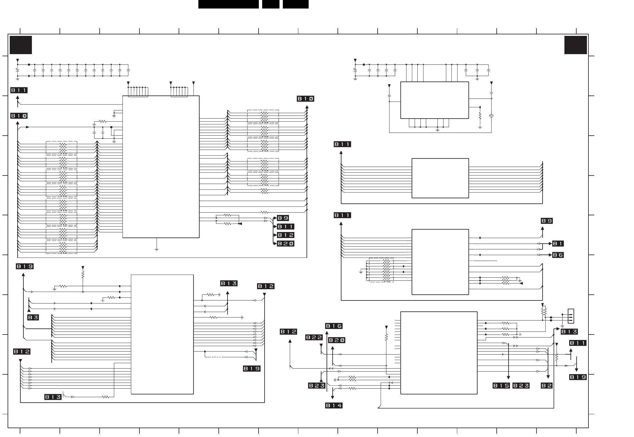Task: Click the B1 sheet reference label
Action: (558, 244)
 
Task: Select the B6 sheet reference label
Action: (558, 255)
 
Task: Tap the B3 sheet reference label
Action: (33, 317)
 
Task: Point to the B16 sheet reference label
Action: (334, 326)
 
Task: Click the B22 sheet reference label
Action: (314, 337)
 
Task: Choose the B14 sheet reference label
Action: (334, 405)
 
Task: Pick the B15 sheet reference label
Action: (501, 386)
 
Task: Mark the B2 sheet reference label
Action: (547, 386)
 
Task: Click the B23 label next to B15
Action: (521, 386)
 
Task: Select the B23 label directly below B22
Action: (317, 386)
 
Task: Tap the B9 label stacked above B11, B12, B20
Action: (283, 218)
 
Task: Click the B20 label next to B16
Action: (337, 340)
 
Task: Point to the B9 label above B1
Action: (547, 221)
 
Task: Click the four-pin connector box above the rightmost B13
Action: (571, 316)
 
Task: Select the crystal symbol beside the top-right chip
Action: (491, 116)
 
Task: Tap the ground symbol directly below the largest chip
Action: (156, 249)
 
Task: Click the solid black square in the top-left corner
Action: (21, 45)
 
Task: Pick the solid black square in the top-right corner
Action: (576, 45)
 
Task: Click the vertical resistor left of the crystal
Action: (480, 116)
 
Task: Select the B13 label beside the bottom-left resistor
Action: (53, 397)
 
